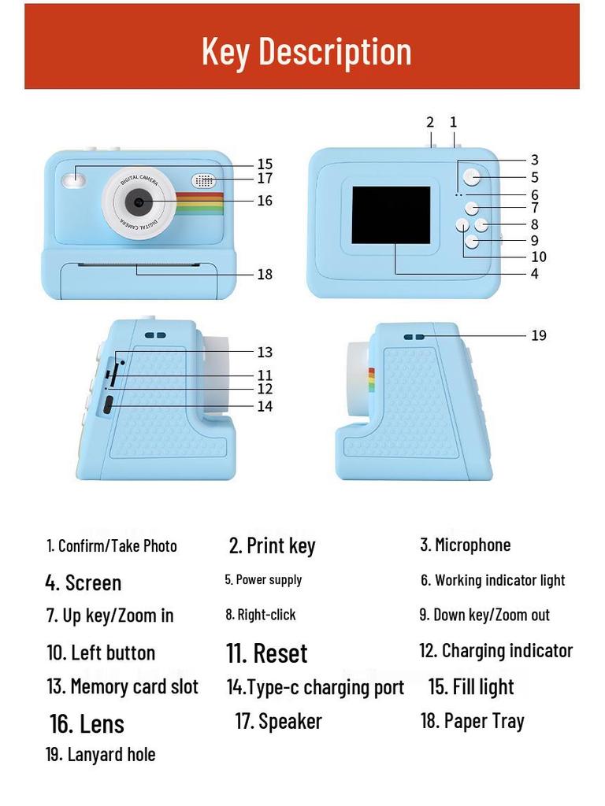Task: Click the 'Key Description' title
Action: (x=306, y=51)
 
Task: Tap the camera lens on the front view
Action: (x=138, y=201)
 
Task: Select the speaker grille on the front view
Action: (x=203, y=180)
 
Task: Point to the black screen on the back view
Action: (x=391, y=215)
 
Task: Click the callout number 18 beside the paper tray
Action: (x=265, y=274)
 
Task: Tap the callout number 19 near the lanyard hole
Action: (x=538, y=335)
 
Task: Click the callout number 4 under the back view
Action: (x=534, y=274)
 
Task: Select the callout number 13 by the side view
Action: (x=265, y=352)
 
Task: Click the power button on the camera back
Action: (x=472, y=177)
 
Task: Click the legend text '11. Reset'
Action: (x=266, y=653)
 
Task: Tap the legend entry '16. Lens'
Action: (x=87, y=723)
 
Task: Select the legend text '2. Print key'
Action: (x=272, y=545)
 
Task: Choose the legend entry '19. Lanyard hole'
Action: (x=100, y=754)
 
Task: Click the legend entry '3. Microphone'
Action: (x=465, y=545)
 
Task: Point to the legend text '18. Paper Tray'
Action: (x=472, y=721)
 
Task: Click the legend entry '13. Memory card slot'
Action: (x=122, y=686)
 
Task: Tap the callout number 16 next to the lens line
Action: (x=265, y=201)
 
